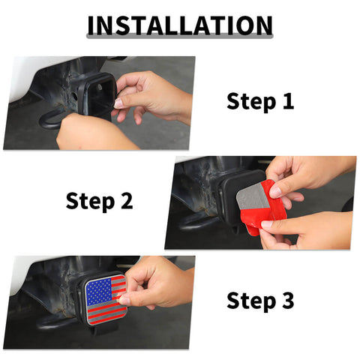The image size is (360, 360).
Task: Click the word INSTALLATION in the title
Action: [x=179, y=25]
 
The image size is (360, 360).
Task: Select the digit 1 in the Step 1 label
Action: [x=286, y=101]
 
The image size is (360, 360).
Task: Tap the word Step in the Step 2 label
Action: [x=90, y=200]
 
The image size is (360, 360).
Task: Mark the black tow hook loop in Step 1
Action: [x=52, y=120]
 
